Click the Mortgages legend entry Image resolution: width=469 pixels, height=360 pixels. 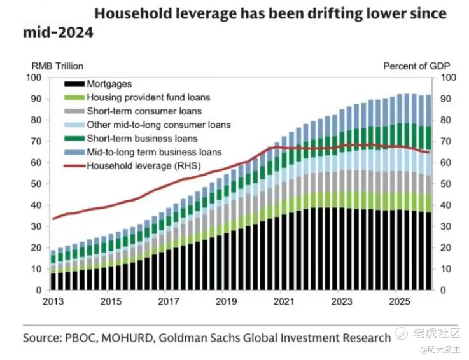pyautogui.click(x=98, y=84)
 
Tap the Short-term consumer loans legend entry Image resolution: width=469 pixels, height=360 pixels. pyautogui.click(x=133, y=111)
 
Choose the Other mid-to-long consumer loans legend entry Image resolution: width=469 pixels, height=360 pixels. pyautogui.click(x=148, y=125)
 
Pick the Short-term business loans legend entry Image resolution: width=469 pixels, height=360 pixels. pyautogui.click(x=130, y=139)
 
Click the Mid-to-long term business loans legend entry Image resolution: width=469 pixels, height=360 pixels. pyautogui.click(x=143, y=152)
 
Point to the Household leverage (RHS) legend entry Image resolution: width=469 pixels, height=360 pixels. pyautogui.click(x=132, y=165)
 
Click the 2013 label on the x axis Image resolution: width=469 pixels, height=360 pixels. pyautogui.click(x=53, y=301)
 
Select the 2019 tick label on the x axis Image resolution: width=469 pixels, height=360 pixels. pyautogui.click(x=226, y=301)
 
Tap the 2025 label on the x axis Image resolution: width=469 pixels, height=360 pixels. pyautogui.click(x=399, y=301)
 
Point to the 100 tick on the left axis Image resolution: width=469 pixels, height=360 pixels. pyautogui.click(x=34, y=78)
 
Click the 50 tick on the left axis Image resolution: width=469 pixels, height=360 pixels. pyautogui.click(x=36, y=184)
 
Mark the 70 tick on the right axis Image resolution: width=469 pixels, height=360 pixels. pyautogui.click(x=445, y=141)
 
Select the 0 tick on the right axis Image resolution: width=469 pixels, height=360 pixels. pyautogui.click(x=443, y=290)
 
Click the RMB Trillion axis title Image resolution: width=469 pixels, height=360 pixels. pyautogui.click(x=57, y=66)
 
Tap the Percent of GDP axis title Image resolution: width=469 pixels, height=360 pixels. pyautogui.click(x=417, y=66)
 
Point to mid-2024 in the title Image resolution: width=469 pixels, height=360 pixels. pyautogui.click(x=59, y=32)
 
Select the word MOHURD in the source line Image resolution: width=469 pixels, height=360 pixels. pyautogui.click(x=127, y=338)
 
